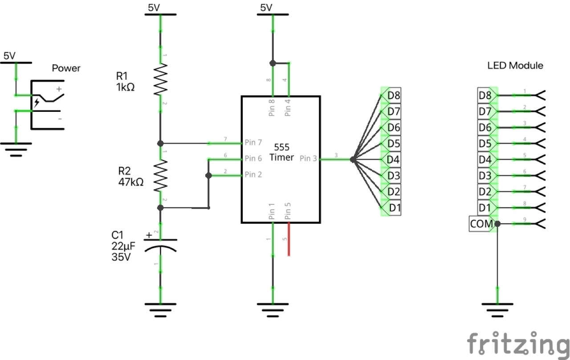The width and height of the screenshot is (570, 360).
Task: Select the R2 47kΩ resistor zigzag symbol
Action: [x=160, y=176]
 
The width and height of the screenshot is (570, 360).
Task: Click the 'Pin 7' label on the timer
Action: [x=253, y=143]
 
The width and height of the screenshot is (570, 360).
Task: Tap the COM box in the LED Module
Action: [x=481, y=224]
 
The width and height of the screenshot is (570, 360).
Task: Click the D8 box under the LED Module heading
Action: [x=485, y=95]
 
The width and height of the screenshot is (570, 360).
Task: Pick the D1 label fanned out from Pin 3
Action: [x=394, y=208]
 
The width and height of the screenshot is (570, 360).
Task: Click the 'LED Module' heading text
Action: [x=515, y=65]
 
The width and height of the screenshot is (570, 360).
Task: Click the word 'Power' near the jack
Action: [x=66, y=68]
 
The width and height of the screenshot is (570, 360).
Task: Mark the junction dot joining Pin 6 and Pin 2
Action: [x=208, y=176]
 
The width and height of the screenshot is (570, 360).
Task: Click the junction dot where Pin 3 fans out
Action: [x=352, y=159]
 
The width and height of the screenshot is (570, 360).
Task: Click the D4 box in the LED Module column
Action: [x=485, y=159]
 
